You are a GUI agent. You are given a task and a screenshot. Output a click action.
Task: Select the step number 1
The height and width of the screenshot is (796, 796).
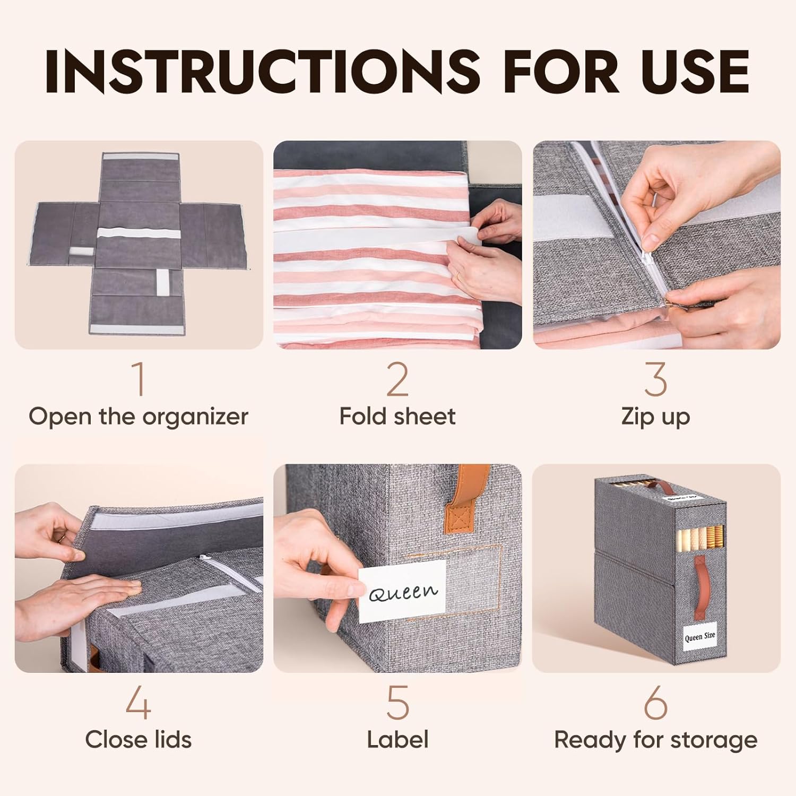tap(139, 379)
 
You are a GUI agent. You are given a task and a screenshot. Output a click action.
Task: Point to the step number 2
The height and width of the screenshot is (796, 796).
tap(397, 379)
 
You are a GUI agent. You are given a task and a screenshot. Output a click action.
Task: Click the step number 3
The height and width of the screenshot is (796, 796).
tap(656, 379)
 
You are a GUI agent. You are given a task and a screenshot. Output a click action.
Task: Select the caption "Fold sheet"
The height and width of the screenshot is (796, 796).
tap(397, 416)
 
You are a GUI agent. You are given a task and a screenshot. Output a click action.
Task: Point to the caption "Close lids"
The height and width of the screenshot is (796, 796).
tap(139, 739)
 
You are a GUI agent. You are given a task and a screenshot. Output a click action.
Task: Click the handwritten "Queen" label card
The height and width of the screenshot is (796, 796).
tap(402, 591)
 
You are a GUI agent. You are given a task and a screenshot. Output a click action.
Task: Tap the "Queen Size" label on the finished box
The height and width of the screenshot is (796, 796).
tap(700, 636)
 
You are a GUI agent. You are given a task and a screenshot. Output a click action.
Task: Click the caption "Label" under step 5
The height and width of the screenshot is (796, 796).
tap(397, 739)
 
